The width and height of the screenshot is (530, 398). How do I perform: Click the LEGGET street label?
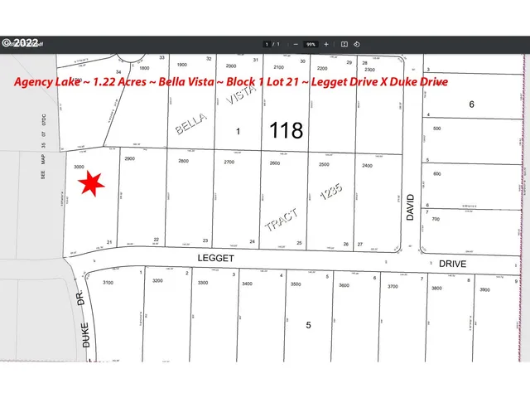[x=216, y=258]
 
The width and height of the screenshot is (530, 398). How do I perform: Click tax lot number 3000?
[x=79, y=167]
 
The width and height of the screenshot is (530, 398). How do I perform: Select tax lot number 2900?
[x=128, y=158]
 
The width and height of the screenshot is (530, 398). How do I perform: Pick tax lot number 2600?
[x=275, y=163]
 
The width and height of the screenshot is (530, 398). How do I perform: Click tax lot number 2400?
[x=368, y=165]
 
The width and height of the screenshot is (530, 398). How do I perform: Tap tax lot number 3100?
[x=108, y=283]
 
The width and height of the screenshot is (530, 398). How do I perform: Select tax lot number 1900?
[x=183, y=65]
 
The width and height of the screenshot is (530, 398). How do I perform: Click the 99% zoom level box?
[x=311, y=44]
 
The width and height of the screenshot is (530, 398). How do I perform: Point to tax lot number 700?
[x=436, y=219]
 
